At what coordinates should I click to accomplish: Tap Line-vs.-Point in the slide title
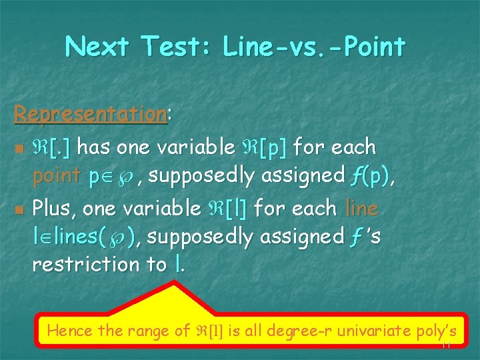coord(314,47)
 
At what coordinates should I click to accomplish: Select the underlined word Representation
coord(90,114)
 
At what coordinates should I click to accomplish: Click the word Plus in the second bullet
coord(56,208)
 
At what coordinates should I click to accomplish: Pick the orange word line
coord(362,208)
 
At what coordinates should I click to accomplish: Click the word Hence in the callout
coord(70,329)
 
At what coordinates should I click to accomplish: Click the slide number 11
coord(446,345)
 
